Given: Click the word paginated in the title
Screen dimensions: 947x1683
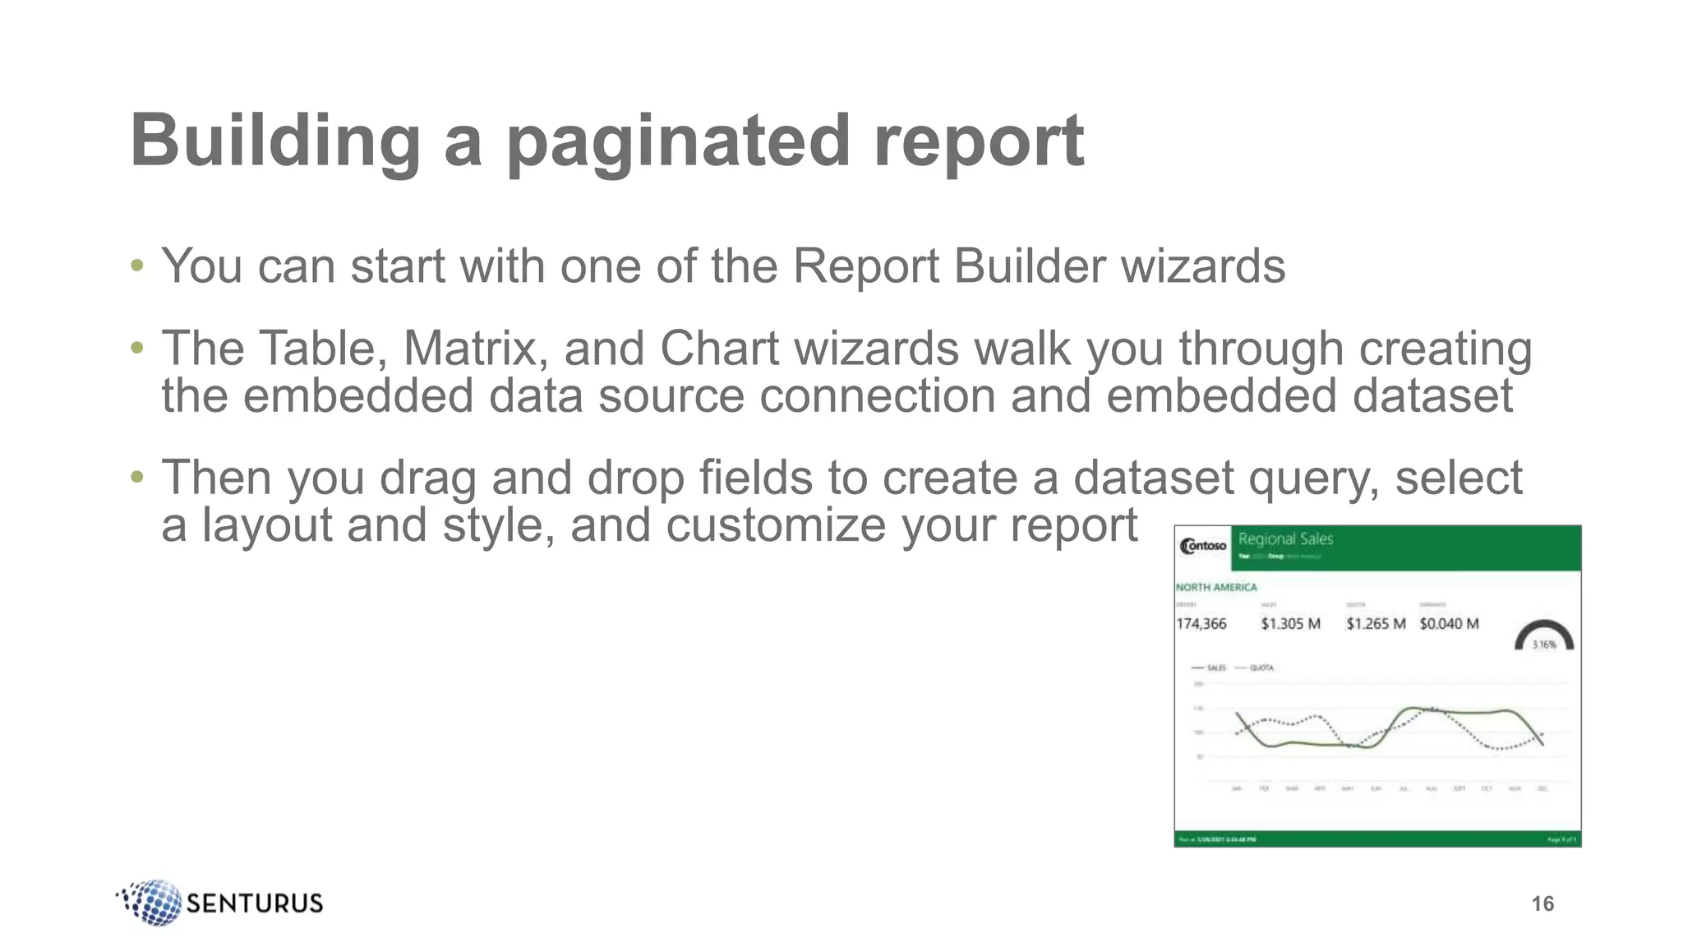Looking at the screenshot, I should pos(678,141).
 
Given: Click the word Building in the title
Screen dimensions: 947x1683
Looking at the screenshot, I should pos(274,141).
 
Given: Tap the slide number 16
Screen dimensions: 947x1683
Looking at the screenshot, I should pos(1542,903).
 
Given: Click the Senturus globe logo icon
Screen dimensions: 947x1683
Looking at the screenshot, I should pos(151,902).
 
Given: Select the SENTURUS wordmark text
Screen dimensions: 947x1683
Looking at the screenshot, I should pos(255,903).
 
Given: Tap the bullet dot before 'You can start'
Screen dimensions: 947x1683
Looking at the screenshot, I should pos(137,266).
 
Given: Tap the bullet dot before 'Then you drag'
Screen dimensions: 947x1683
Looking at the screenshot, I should pos(137,477).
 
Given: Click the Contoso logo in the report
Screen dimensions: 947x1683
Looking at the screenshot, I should pos(1203,546).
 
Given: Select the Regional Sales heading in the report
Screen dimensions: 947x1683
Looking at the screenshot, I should pos(1285,539).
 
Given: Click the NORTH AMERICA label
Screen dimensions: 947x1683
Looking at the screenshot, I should pos(1216,587).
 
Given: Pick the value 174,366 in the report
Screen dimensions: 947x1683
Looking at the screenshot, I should pos(1201,624).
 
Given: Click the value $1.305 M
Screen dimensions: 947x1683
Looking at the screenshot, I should pos(1290,624).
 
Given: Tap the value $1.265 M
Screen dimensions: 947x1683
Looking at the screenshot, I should pos(1376,624).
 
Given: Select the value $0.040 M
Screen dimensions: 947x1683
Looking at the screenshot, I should pos(1449,624).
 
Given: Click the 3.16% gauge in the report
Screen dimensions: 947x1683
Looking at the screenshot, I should pos(1544,638).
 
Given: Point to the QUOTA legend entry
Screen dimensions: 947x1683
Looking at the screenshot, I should pos(1261,668).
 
